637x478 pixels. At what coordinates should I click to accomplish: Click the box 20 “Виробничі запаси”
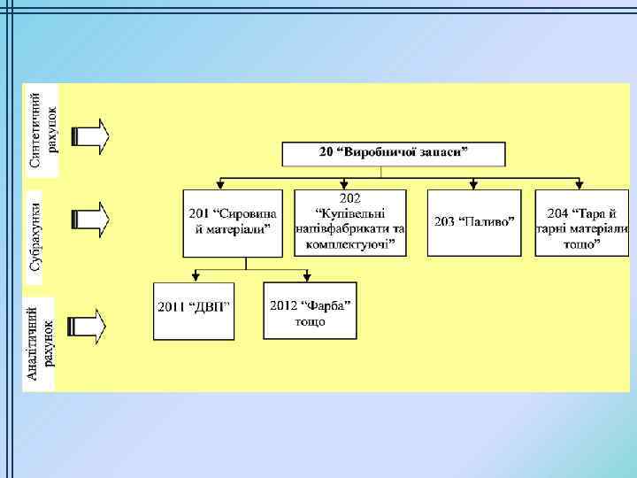point(394,153)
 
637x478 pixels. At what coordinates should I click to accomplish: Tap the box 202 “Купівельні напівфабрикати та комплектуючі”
point(350,222)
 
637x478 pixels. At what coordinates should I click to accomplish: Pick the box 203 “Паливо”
point(473,222)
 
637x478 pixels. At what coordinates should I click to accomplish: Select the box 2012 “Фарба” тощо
point(310,311)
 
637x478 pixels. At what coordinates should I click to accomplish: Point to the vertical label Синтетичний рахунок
point(42,129)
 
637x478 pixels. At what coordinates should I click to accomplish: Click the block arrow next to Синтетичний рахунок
point(90,135)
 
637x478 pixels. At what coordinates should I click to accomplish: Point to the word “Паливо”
point(487,221)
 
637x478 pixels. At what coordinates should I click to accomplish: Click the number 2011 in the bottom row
point(172,308)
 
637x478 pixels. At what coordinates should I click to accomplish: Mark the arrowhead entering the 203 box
point(473,186)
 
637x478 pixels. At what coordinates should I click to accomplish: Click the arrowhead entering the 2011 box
point(196,279)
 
